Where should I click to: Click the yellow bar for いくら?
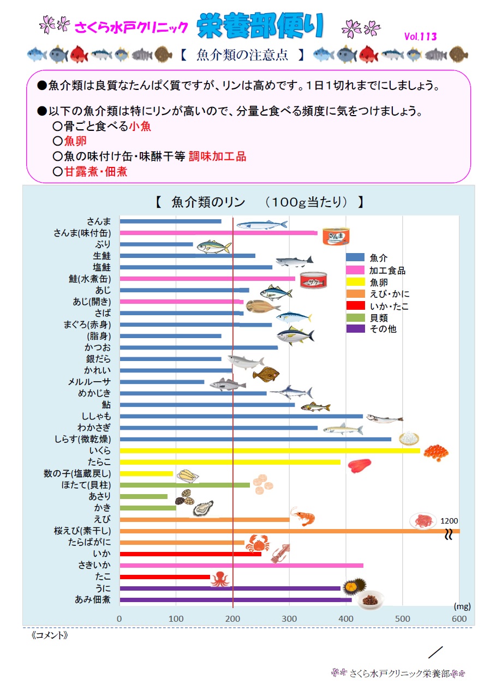[x=270, y=450]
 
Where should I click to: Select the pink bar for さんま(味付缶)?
[x=218, y=233]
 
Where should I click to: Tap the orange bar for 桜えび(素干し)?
[x=290, y=531]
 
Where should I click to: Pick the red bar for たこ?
[x=165, y=577]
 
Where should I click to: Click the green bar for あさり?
[x=144, y=496]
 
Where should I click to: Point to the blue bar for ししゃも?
[x=241, y=416]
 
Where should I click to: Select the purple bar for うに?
[x=230, y=588]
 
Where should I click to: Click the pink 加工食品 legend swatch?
[x=355, y=270]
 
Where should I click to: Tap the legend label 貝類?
[x=379, y=318]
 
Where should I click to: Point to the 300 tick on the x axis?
[x=289, y=618]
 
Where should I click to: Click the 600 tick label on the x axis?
[x=459, y=618]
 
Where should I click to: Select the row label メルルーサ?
[x=89, y=382]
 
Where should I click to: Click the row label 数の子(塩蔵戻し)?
[x=77, y=473]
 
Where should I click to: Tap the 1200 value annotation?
[x=449, y=521]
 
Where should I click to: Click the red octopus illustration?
[x=220, y=579]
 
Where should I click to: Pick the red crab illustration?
[x=258, y=543]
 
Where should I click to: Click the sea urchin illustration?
[x=354, y=586]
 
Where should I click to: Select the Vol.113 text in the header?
[x=420, y=37]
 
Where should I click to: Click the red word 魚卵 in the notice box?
[x=75, y=141]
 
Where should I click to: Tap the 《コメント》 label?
[x=49, y=635]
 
